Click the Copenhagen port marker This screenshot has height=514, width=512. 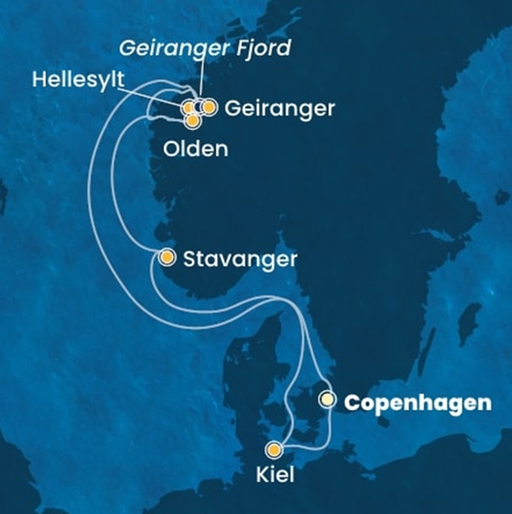click(328, 401)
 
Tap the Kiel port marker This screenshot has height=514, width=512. click(274, 449)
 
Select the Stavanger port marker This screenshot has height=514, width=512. click(166, 257)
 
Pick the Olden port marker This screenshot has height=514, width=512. click(192, 120)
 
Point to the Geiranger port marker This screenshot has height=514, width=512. click(209, 107)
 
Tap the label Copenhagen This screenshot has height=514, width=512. click(419, 403)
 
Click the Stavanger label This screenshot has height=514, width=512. click(239, 259)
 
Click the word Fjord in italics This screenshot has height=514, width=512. click(264, 48)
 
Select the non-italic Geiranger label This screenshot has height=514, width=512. click(279, 109)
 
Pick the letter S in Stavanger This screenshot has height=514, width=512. click(188, 259)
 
